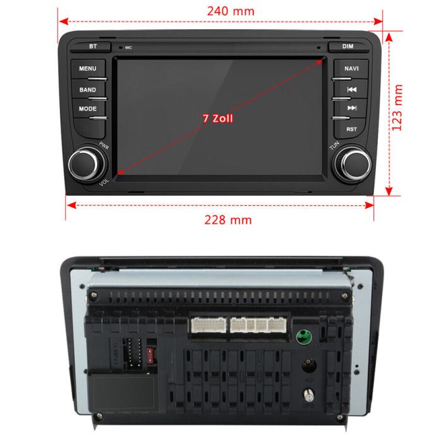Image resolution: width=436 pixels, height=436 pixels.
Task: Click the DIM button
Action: pyautogui.click(x=348, y=47)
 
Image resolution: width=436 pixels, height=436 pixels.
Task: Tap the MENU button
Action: pyautogui.click(x=88, y=69)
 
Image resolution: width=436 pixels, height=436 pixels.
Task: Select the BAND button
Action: pyautogui.click(x=88, y=90)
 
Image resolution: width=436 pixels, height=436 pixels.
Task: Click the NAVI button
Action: pyautogui.click(x=351, y=69)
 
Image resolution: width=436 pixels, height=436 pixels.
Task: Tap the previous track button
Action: pyautogui.click(x=352, y=90)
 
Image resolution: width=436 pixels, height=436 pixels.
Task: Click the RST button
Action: pyautogui.click(x=351, y=129)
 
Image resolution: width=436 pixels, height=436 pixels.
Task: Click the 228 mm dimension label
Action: pyautogui.click(x=219, y=219)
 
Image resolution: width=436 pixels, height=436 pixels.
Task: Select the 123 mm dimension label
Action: pyautogui.click(x=397, y=108)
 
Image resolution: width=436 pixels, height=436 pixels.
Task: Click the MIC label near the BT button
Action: pyautogui.click(x=128, y=47)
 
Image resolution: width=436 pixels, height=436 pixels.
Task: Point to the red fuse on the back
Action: pyautogui.click(x=150, y=353)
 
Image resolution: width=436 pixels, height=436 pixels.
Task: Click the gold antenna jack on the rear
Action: pyautogui.click(x=310, y=396)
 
